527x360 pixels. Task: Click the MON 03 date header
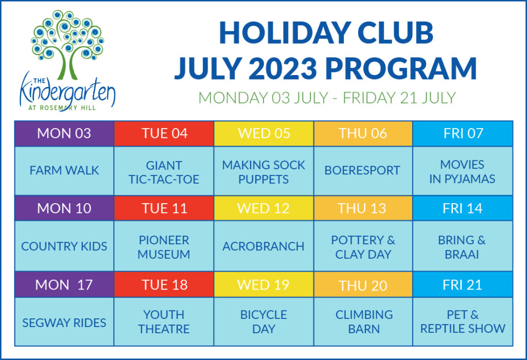coord(64,133)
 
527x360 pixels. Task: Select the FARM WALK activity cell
coord(64,171)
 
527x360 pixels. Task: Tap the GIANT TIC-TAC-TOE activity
coord(164,172)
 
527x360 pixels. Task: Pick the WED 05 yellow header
coord(264,133)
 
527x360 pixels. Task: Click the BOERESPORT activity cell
coord(363,171)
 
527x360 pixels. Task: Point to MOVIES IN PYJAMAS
coord(463,172)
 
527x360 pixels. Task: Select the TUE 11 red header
coord(164,208)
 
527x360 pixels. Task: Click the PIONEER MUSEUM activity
coord(164,247)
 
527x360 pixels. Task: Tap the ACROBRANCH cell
coord(264,246)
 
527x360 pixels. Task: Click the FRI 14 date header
coord(463,208)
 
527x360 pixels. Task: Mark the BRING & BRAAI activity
coord(463,247)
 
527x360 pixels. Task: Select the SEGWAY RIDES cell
coord(64,323)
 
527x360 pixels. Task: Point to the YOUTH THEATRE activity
coord(164,322)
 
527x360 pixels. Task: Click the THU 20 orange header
coord(363,285)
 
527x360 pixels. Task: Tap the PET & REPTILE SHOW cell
coord(463,322)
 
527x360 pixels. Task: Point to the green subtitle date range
coord(327,98)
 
